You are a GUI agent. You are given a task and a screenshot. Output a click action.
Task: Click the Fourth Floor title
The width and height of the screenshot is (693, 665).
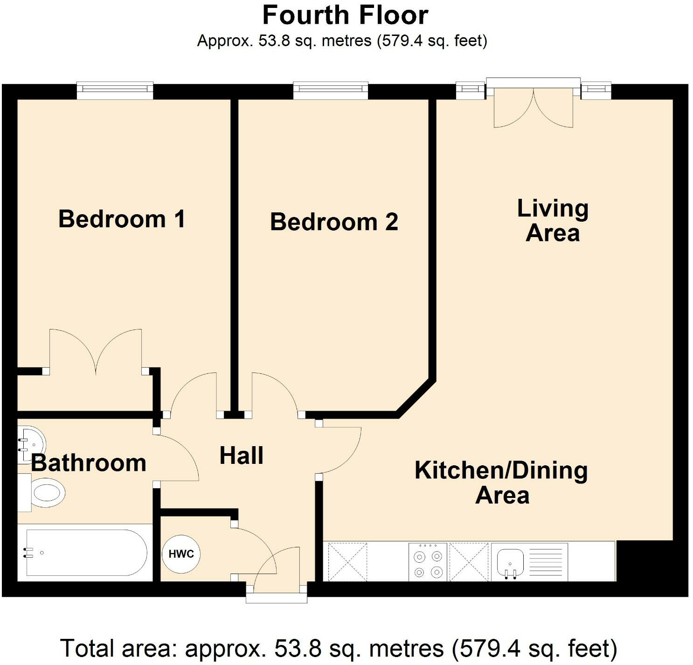point(345,15)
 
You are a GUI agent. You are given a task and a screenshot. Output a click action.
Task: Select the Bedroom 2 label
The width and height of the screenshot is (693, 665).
point(334,222)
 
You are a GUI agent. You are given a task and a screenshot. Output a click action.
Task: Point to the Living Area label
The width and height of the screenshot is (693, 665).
point(553,221)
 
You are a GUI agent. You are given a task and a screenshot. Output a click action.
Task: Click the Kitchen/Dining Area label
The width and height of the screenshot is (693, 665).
point(501,483)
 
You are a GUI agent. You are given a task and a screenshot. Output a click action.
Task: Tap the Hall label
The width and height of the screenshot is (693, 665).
point(242,455)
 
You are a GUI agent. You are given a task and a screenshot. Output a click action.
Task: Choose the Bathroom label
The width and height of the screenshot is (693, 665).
point(89,463)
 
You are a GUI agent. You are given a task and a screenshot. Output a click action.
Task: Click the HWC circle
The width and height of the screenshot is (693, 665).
point(181,554)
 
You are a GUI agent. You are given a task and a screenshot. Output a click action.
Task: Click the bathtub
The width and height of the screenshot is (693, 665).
point(85,553)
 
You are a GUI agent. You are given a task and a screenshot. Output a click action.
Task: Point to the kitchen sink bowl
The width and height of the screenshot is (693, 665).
point(510,560)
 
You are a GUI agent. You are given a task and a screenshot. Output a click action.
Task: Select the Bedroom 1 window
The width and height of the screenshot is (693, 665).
point(115,91)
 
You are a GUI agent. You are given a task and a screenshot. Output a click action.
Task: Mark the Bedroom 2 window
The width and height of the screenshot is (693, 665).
point(331,91)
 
